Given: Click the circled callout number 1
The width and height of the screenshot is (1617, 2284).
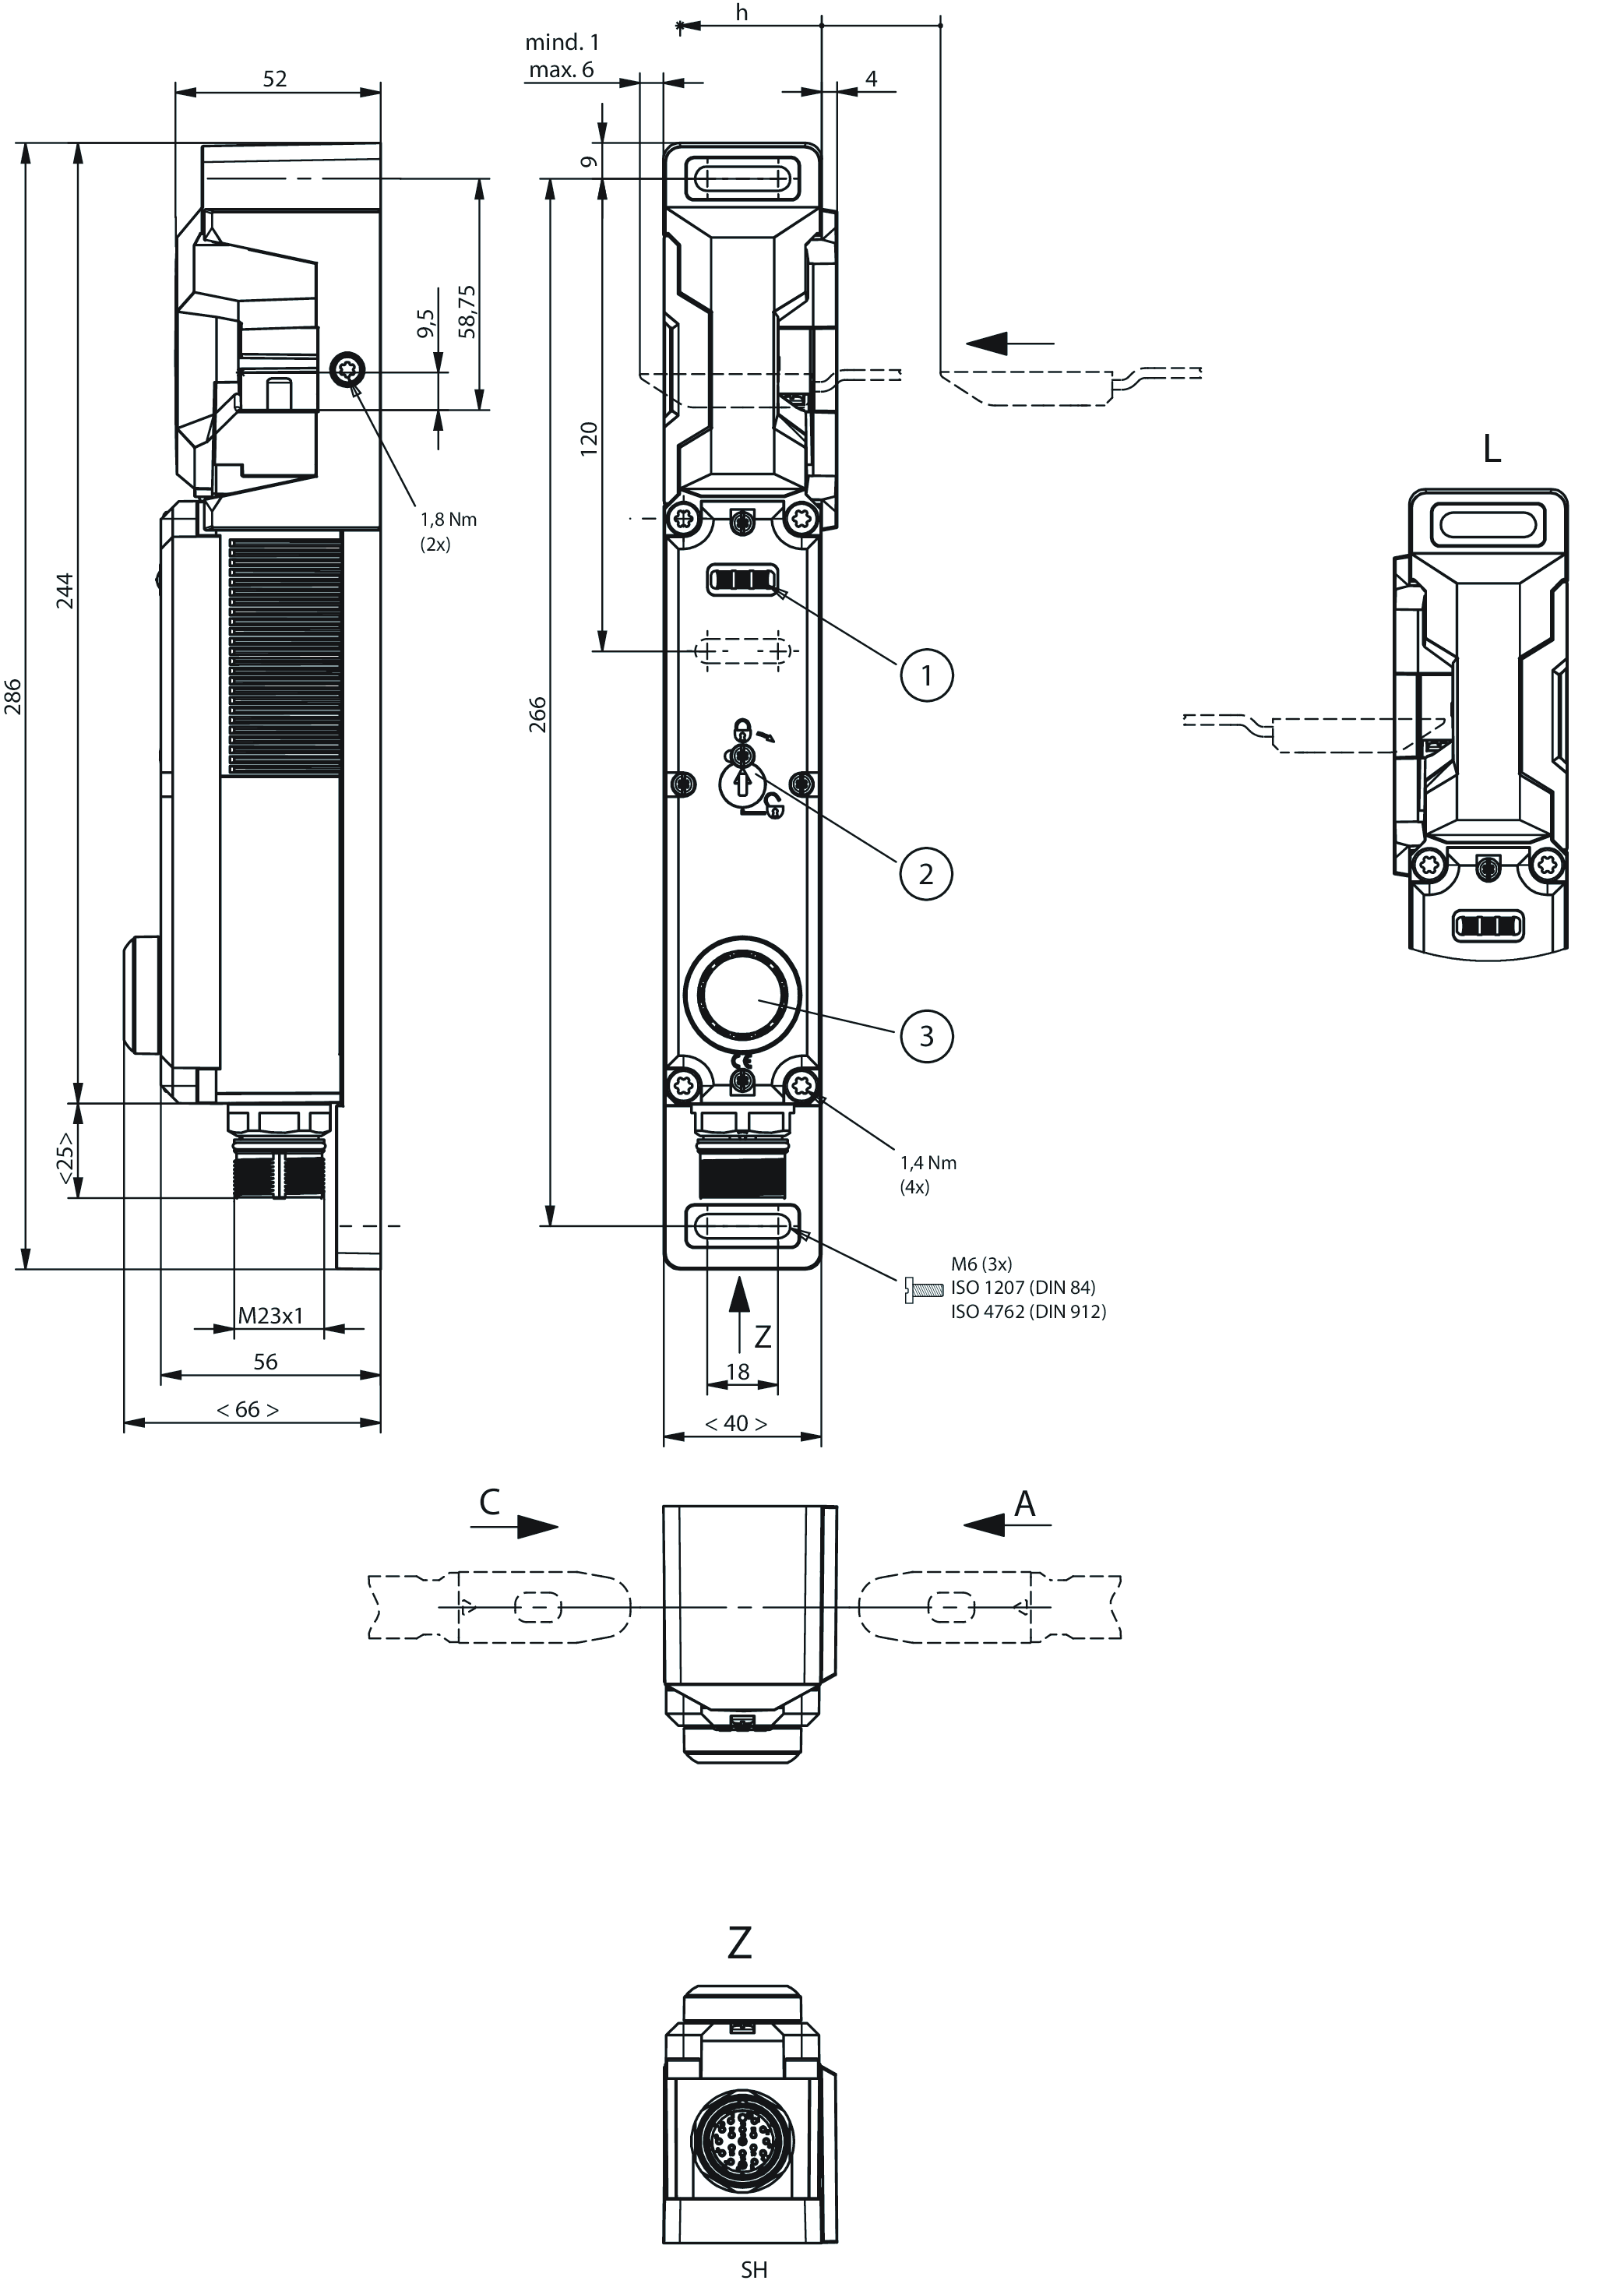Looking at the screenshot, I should (926, 675).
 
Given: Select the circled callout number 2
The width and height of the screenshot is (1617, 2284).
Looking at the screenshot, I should (926, 873).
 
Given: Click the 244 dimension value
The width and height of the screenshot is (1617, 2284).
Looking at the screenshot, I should (65, 590).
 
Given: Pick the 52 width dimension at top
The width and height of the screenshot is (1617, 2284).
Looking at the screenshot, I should (275, 79).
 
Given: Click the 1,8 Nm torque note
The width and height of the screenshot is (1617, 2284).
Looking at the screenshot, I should (447, 520).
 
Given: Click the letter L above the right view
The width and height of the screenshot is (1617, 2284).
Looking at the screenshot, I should (1491, 450).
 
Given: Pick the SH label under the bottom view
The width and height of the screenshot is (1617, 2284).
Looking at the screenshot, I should (754, 2269).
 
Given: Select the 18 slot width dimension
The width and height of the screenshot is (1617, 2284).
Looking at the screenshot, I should (737, 1371).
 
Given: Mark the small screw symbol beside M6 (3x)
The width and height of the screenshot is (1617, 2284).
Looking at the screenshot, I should (923, 1290).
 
